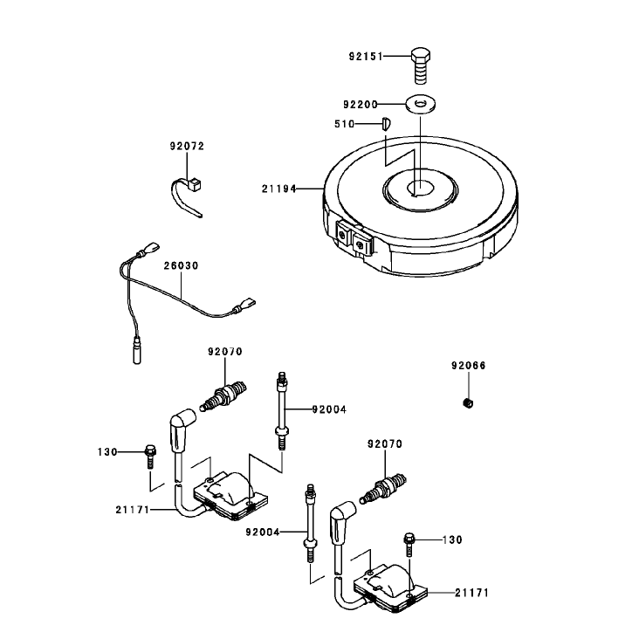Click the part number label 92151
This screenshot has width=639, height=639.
[x=366, y=56]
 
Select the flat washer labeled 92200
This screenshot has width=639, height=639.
[x=421, y=104]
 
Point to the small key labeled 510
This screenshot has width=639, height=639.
[x=387, y=123]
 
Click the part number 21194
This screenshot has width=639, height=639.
[x=278, y=189]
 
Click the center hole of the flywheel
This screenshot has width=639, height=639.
[x=420, y=189]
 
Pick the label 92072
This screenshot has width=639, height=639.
[x=187, y=146]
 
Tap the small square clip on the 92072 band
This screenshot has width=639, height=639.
[x=195, y=184]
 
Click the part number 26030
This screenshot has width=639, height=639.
[x=181, y=265]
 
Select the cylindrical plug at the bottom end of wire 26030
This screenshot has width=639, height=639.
[x=137, y=350]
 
